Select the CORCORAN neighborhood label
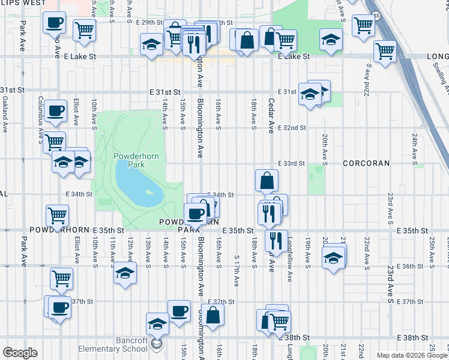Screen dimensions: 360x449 pos(366,163)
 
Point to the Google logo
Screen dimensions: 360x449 pos(20,353)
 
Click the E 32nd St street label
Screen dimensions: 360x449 pos(292,128)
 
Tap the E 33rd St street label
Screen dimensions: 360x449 pos(292,163)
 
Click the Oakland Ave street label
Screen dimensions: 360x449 pos(4,116)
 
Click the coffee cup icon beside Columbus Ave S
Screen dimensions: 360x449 pos(55,110)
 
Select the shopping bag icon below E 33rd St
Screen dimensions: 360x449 pos(267,179)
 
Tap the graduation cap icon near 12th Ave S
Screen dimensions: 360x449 pos(125,273)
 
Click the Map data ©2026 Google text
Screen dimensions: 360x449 pos(412,355)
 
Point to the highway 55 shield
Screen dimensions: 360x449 pos(376,16)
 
